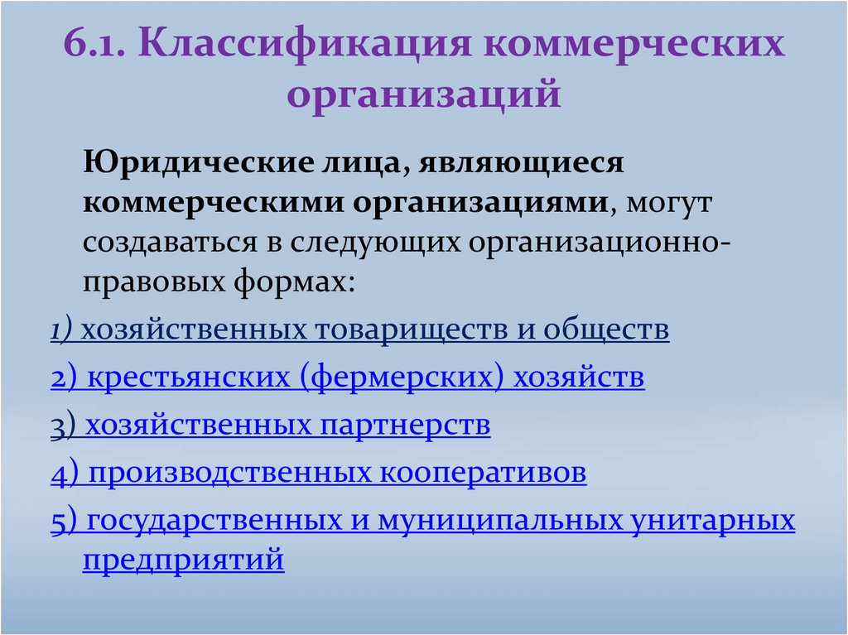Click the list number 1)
pos(63,330)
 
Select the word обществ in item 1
pos(605,330)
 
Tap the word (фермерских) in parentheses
pos(402,378)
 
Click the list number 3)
pos(63,426)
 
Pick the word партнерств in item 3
pos(403,426)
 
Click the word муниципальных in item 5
pos(500,521)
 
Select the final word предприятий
pos(183,560)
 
